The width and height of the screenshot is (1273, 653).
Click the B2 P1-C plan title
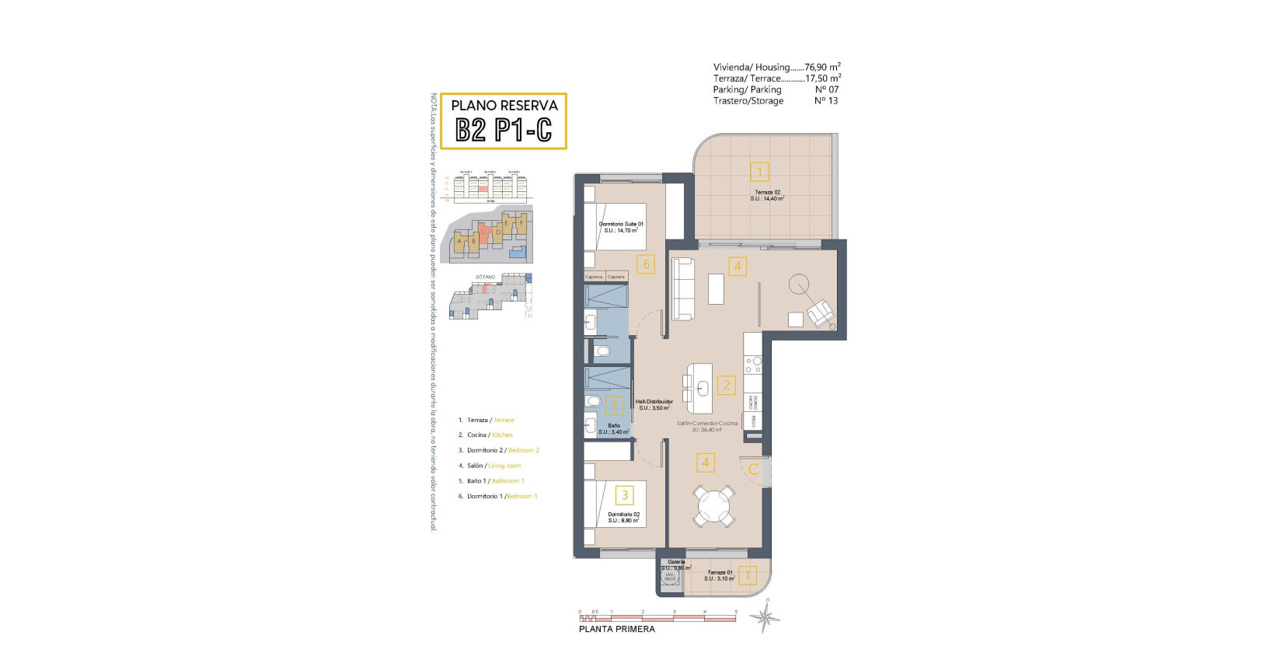click(503, 130)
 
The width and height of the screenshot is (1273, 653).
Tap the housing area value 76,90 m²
click(822, 68)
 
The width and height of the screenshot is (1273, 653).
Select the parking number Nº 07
click(826, 89)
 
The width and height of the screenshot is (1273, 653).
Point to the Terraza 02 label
click(767, 192)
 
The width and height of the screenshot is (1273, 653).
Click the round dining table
click(714, 507)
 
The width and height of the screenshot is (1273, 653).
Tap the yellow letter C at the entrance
click(752, 470)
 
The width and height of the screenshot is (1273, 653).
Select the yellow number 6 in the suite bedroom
click(645, 264)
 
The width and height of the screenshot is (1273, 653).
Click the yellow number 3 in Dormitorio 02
click(624, 494)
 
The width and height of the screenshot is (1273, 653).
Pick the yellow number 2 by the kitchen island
click(727, 385)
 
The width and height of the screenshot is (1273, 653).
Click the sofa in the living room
click(683, 288)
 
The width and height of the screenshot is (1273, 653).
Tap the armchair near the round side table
click(821, 313)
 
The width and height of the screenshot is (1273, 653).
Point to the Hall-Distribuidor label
click(654, 402)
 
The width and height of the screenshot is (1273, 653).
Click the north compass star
click(765, 618)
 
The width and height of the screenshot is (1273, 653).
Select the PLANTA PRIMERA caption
click(616, 629)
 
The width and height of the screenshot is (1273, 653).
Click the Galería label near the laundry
click(676, 561)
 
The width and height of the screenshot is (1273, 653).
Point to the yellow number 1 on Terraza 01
click(747, 575)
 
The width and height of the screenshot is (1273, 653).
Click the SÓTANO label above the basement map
click(485, 277)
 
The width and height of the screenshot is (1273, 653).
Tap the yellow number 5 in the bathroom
click(614, 405)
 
